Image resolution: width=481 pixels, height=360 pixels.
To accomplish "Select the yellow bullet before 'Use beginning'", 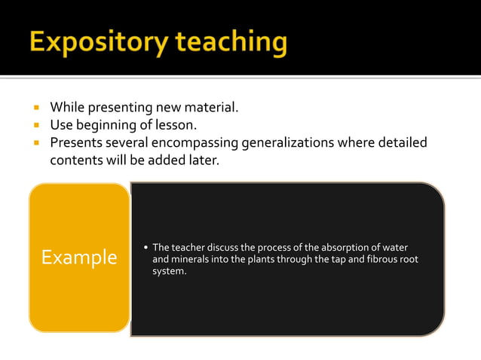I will pos(35,125).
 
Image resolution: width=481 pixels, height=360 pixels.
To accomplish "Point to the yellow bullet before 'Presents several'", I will pos(35,142).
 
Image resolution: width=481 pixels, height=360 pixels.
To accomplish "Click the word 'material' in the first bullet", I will pos(212,107).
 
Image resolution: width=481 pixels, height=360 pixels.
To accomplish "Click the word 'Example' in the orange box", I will pos(79,258).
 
